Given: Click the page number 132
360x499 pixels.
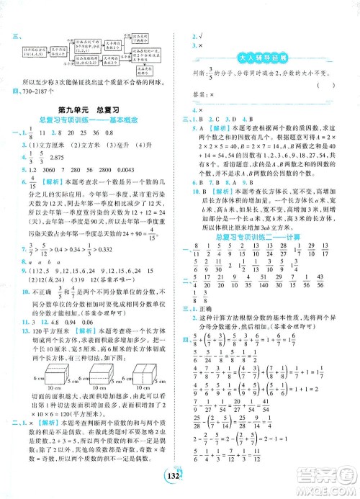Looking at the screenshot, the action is pyautogui.click(x=179, y=482).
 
